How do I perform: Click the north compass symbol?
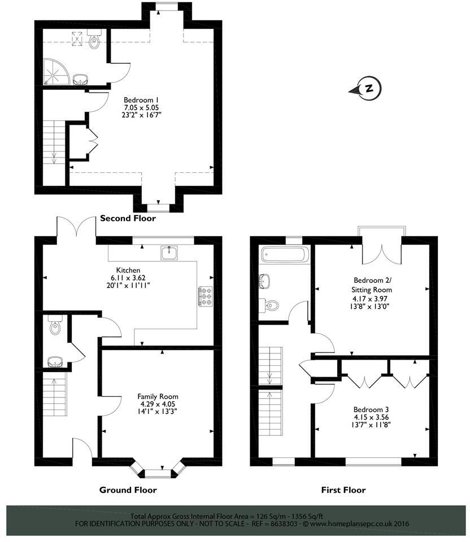[x=367, y=89]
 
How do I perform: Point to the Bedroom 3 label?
[x=370, y=409]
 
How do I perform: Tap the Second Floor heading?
[x=127, y=218]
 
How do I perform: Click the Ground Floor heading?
[x=128, y=489]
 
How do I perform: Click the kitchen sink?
[x=168, y=253]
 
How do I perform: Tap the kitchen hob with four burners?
[x=204, y=296]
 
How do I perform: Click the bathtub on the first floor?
[x=284, y=255]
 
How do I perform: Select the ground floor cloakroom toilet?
[x=55, y=327]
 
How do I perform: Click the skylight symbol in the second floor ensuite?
[x=76, y=39]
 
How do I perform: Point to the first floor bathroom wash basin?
[x=264, y=280]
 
